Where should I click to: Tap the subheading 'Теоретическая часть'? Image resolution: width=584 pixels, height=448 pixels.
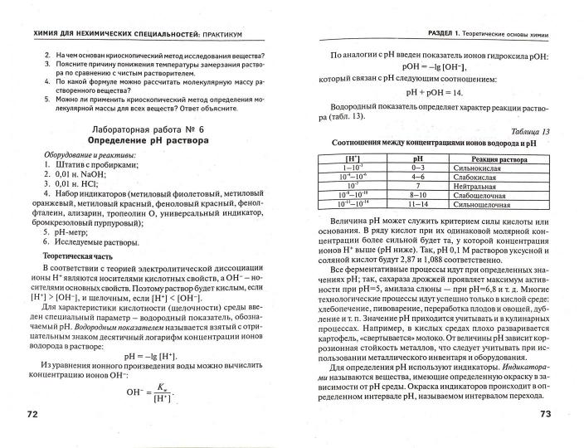point(73,257)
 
